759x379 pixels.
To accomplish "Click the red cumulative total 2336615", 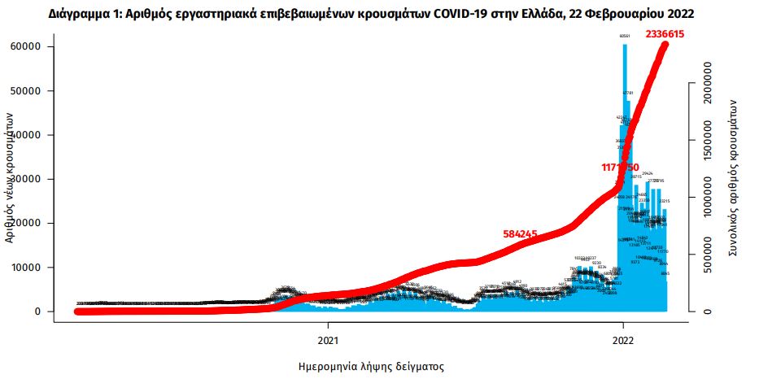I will [x=667, y=34].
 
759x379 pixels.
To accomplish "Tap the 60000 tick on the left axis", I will [x=27, y=46].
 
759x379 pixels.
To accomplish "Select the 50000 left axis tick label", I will [x=27, y=90].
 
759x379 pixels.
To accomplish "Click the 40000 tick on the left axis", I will [x=27, y=135].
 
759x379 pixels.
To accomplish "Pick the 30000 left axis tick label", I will [x=27, y=179].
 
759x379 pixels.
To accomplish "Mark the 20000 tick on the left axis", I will [x=27, y=223].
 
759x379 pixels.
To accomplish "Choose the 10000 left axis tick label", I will [x=27, y=267].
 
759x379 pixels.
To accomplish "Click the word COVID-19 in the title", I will [x=447, y=14].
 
